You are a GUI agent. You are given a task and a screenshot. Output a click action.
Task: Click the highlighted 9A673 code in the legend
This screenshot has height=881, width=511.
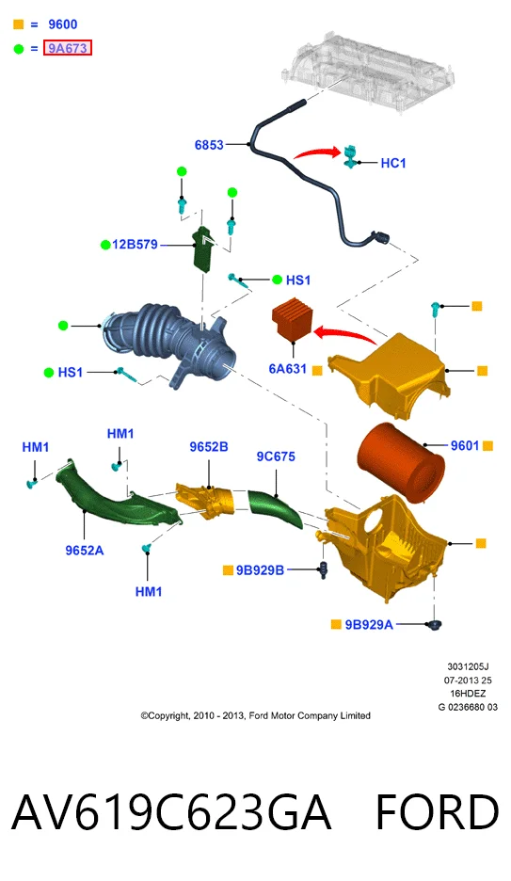(x=68, y=48)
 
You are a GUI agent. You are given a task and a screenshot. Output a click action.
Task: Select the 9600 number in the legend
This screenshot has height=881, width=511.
(x=62, y=24)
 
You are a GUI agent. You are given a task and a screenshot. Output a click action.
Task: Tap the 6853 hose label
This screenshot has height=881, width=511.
(x=209, y=145)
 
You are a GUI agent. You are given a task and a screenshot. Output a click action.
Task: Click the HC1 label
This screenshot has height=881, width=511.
(x=393, y=163)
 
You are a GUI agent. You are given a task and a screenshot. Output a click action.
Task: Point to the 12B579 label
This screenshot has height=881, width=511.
(x=135, y=245)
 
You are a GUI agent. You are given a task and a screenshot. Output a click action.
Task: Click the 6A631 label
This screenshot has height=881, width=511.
(x=288, y=369)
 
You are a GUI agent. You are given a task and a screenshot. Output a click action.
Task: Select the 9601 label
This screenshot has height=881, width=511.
(x=465, y=445)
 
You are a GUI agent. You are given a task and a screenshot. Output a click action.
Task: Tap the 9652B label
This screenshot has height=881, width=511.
(x=209, y=447)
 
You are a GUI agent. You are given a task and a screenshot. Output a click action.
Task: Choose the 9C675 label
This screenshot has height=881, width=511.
(x=276, y=457)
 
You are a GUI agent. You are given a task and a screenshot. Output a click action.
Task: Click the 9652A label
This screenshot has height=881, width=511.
(x=85, y=551)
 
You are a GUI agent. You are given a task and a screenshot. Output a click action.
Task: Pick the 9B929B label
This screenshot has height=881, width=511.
(x=260, y=570)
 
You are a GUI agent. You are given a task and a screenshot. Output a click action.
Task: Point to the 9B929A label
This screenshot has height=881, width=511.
(x=369, y=624)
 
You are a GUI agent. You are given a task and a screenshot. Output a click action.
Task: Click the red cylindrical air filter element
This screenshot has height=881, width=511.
(x=401, y=462)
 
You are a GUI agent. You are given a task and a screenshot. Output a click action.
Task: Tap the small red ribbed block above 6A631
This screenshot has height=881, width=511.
(x=292, y=323)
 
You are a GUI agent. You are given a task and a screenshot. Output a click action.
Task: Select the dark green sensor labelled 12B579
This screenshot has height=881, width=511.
(x=202, y=248)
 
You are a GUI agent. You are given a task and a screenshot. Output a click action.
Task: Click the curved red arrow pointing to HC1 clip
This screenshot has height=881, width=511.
(x=317, y=152)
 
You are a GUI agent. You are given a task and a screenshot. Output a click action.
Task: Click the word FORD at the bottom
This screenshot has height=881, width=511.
(x=437, y=812)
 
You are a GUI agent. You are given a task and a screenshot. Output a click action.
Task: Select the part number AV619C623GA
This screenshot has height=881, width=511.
(x=171, y=812)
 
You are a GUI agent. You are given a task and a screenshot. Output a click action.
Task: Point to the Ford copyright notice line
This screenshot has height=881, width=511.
(x=256, y=715)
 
